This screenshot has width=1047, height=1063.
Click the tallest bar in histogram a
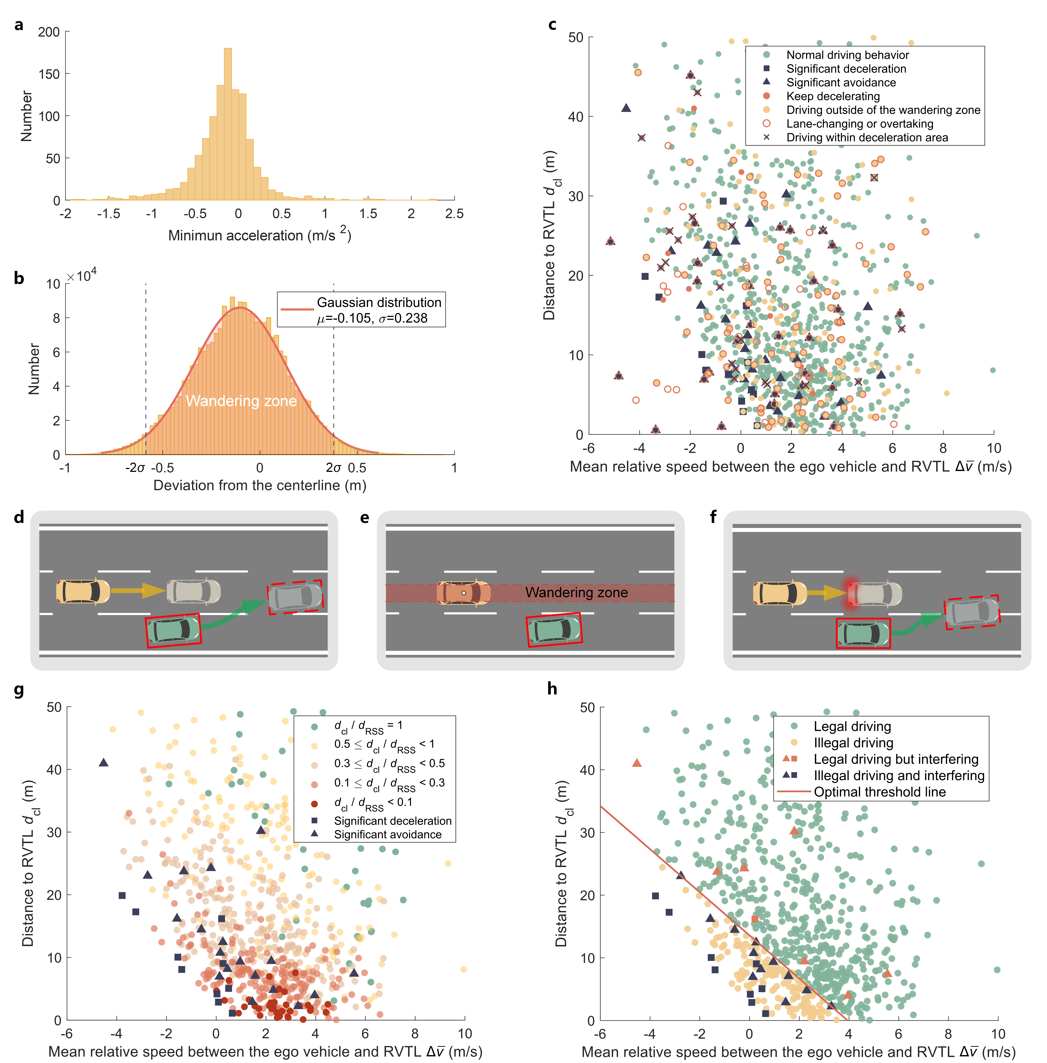228,124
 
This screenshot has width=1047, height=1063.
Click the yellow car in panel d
82,591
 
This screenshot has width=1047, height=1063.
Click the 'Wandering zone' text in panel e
576,592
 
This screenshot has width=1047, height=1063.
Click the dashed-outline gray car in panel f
972,612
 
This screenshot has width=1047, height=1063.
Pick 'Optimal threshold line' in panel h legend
880,792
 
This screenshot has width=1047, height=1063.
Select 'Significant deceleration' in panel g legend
393,821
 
